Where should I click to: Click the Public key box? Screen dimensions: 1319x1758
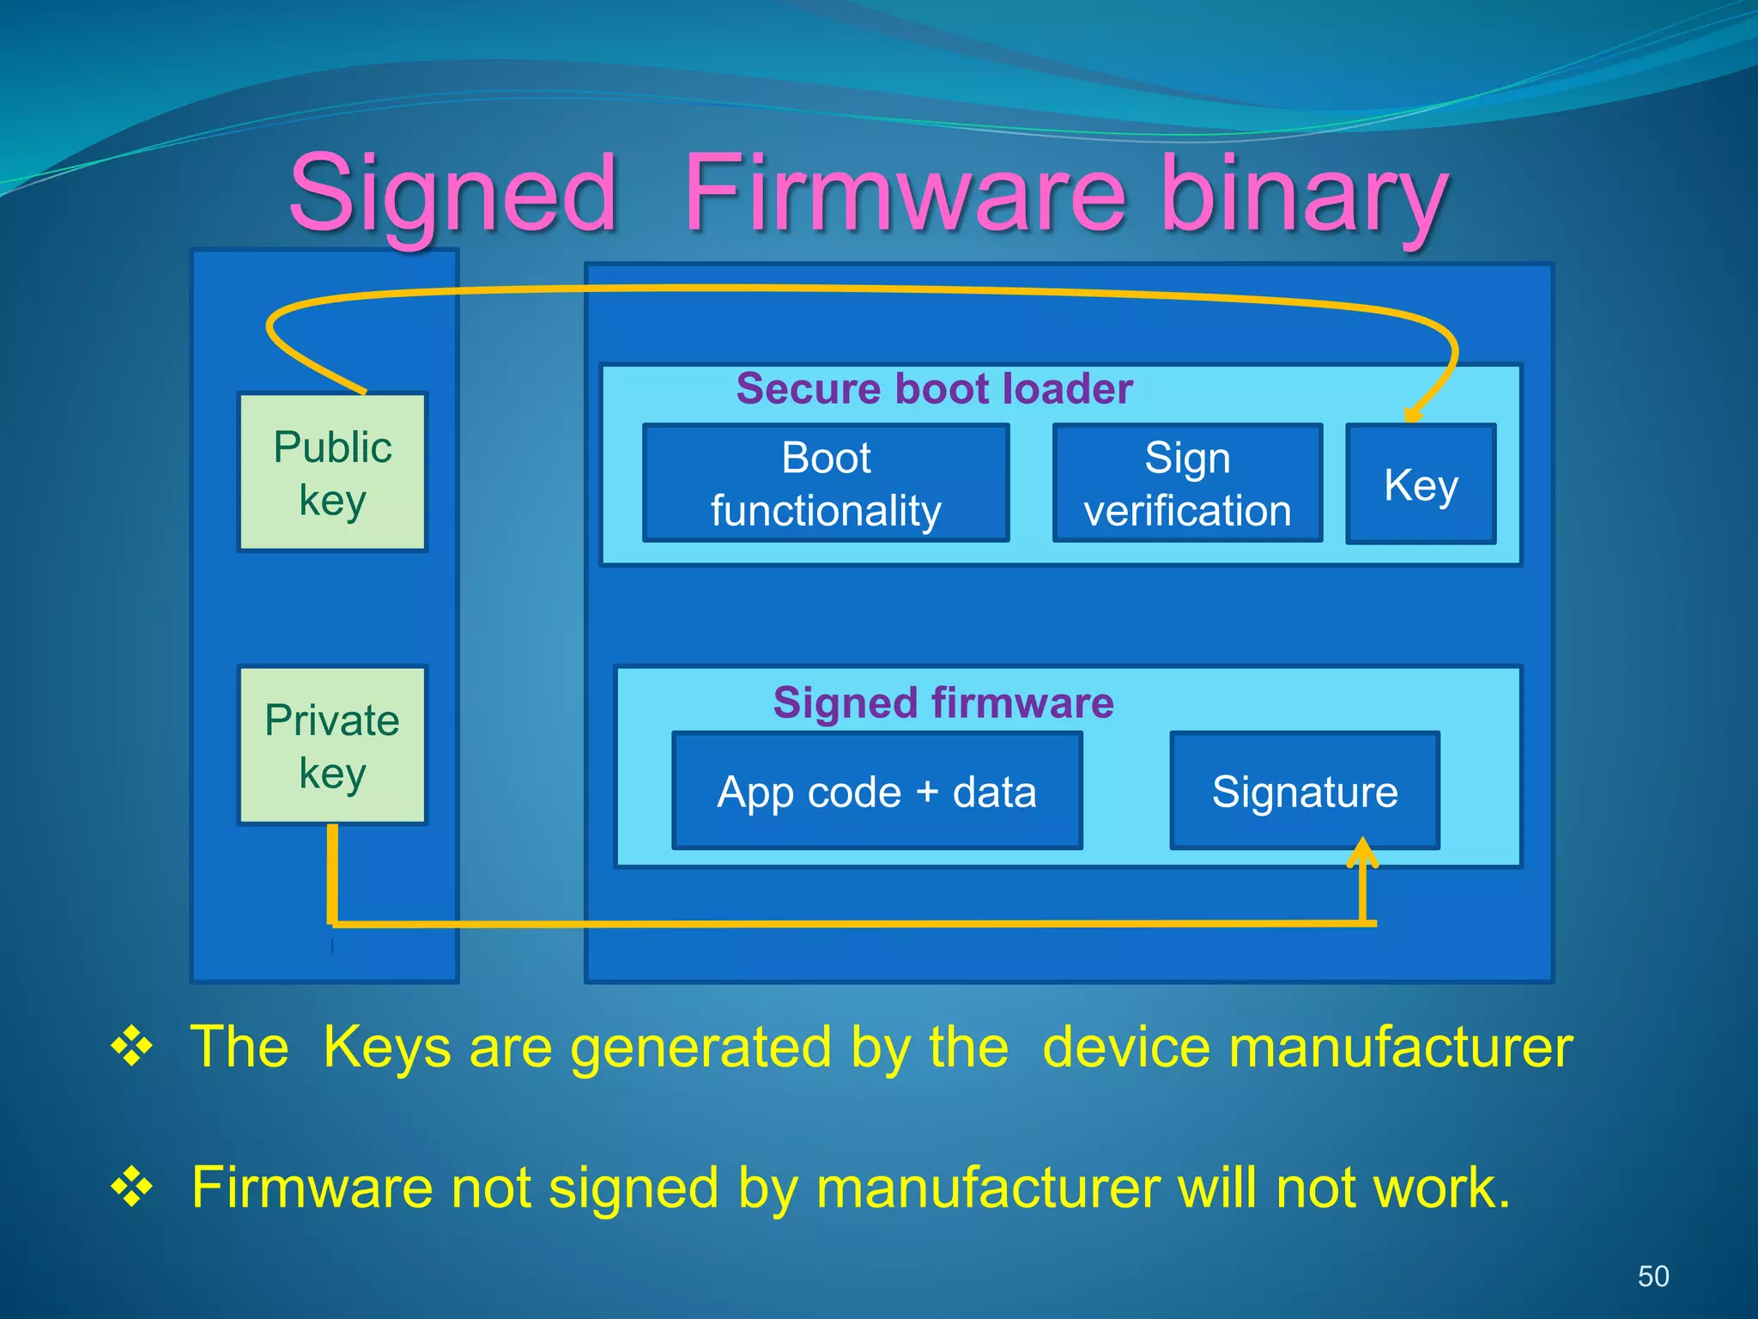[332, 471]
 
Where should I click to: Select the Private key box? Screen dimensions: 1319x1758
[332, 745]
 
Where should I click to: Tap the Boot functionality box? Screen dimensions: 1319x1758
[826, 483]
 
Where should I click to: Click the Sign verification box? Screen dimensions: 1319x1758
[1187, 483]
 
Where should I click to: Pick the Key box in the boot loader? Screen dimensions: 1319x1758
[1421, 484]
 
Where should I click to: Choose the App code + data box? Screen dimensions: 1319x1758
[876, 791]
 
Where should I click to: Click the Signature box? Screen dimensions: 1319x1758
[1305, 791]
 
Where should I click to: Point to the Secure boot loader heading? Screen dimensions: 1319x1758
[934, 388]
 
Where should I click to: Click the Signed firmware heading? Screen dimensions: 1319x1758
[943, 702]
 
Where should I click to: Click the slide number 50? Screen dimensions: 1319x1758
[1653, 1276]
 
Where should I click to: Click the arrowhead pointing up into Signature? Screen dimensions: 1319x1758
[1362, 852]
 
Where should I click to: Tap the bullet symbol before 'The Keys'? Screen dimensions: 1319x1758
[131, 1047]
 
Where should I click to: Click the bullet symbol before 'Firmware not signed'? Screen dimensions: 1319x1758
[131, 1188]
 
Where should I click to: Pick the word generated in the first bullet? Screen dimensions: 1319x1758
[700, 1049]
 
